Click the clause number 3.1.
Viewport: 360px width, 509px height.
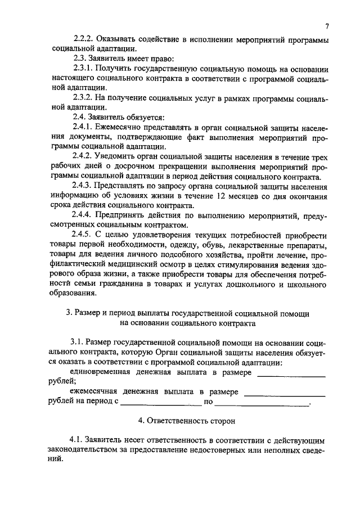[x=78, y=343]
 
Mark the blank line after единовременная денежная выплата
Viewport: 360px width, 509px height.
[x=291, y=375]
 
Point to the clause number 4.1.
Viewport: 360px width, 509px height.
[x=78, y=439]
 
